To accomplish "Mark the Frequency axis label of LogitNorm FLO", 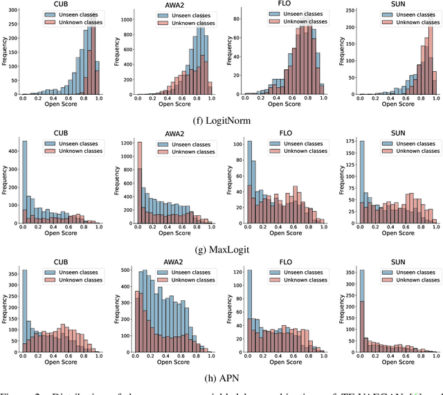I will click(x=236, y=54).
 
